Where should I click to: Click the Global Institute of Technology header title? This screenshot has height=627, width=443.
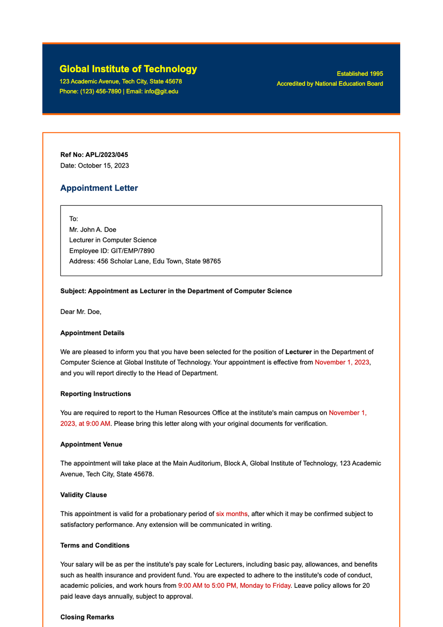coord(128,69)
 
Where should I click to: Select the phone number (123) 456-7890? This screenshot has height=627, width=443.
coord(100,91)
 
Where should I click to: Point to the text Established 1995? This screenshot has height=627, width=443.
coord(360,74)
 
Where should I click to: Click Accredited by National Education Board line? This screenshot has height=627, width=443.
coord(330,84)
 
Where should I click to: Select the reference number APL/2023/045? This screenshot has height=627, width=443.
coord(106,155)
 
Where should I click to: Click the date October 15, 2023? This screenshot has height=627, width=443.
coord(103,166)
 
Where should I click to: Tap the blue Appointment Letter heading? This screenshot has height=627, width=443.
coord(99,188)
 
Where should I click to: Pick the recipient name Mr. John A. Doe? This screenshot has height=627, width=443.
coord(93,229)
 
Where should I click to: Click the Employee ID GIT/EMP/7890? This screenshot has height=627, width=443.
coord(133,251)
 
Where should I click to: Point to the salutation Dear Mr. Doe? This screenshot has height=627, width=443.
coord(80,312)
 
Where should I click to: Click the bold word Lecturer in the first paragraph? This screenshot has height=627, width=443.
coord(298,352)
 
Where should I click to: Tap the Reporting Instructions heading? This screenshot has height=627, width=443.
coord(96,394)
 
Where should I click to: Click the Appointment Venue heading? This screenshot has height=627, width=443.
coord(91,444)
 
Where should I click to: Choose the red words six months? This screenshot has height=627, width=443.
coord(231,514)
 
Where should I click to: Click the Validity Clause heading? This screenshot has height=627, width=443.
coord(83,495)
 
